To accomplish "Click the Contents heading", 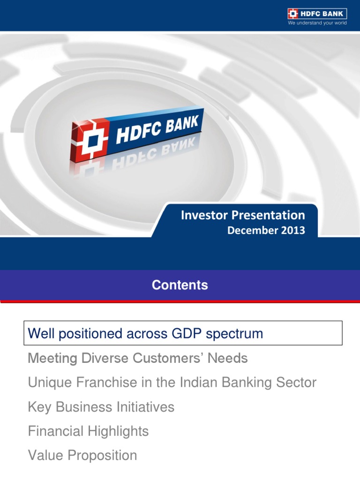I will coord(180,285).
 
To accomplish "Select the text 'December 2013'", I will coord(266,230).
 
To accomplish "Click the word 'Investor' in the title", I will coord(202,215).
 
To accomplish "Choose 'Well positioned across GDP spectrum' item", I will coord(145,333).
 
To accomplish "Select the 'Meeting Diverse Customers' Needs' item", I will coord(138,359).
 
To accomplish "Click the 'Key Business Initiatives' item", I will coord(101,407).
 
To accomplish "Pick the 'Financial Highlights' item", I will coord(88,431).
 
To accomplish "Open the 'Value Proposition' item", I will coord(82,455).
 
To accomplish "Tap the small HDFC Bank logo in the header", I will coord(317,13).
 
